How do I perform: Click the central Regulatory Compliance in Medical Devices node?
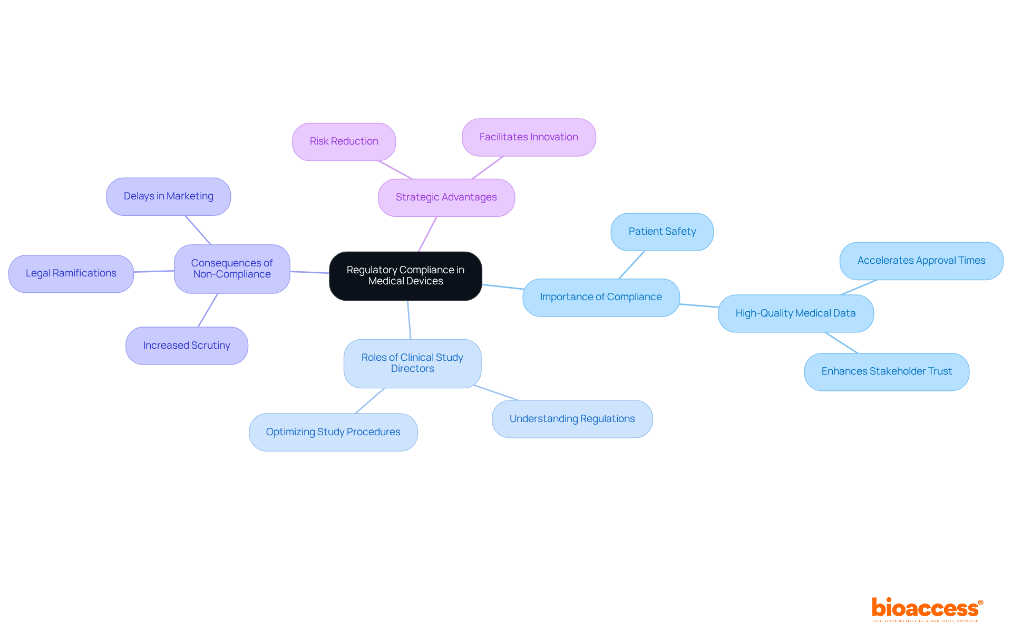405,275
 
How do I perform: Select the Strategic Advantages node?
446,197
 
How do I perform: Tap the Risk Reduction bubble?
344,141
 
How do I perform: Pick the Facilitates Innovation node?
529,137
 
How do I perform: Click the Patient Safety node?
662,232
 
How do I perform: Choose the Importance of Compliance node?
601,297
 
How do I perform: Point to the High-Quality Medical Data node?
795,313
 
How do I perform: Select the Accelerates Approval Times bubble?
921,261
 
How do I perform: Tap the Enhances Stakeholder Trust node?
886,371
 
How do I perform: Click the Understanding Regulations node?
572,419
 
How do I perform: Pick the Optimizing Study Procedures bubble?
333,432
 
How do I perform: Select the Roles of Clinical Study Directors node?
412,363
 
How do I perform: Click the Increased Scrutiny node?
187,346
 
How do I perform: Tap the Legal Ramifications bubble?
71,273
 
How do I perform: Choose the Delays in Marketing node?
168,196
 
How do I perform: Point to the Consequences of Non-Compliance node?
232,269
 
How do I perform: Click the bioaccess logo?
927,609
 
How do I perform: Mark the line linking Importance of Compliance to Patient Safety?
631,265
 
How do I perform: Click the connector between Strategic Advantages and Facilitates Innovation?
488,168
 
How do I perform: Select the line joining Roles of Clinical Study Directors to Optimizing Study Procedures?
370,401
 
